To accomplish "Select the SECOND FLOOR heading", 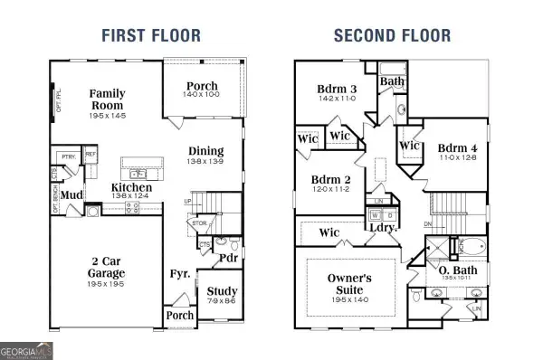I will click(x=392, y=36).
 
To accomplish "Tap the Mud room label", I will click(x=74, y=194).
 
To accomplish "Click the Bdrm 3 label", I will click(x=336, y=89).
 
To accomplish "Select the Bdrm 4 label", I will click(x=457, y=148).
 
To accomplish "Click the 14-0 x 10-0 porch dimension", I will click(x=202, y=94).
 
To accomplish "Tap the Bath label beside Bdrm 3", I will click(x=393, y=81).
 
